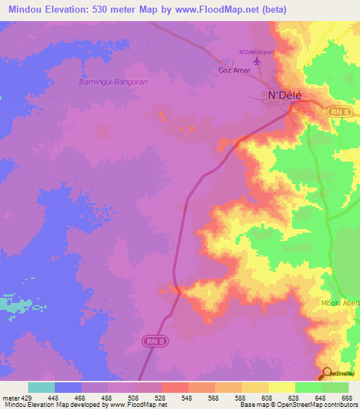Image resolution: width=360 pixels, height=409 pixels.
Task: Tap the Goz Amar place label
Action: pos(234,71)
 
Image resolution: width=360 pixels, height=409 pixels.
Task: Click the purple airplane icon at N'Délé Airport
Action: pos(256,62)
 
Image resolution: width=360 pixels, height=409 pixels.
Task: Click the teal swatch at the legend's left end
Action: pos(41,387)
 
